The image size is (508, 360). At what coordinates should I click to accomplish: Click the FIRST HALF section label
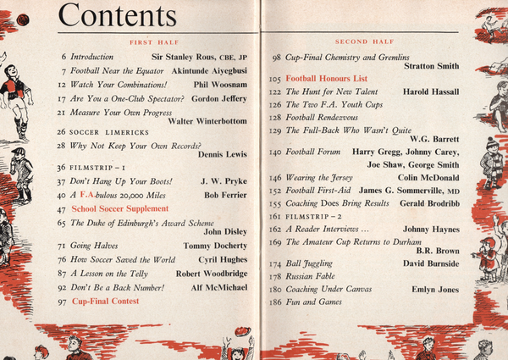(x=152, y=41)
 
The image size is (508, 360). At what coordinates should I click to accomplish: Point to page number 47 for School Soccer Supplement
(x=61, y=208)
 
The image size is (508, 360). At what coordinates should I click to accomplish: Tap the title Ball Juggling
(x=312, y=264)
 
